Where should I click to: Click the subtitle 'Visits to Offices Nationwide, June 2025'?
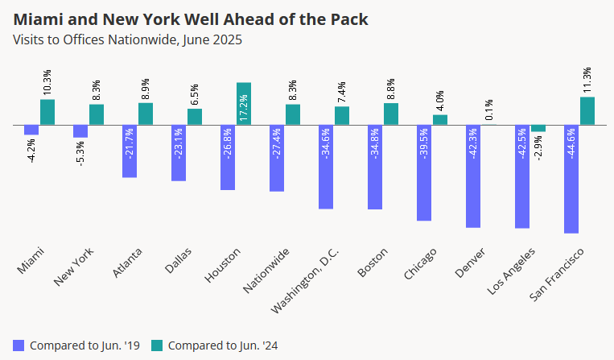tap(126, 38)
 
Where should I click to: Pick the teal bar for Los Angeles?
tap(538, 128)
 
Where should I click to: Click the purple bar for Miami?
tap(31, 130)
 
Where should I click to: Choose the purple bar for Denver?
tap(473, 176)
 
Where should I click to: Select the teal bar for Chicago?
tap(440, 119)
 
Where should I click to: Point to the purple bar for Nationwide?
tap(277, 158)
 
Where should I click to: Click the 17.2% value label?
tap(244, 107)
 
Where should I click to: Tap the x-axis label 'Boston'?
tap(373, 262)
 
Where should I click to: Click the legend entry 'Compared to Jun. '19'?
tap(79, 346)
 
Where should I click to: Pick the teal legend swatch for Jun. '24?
tap(159, 346)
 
